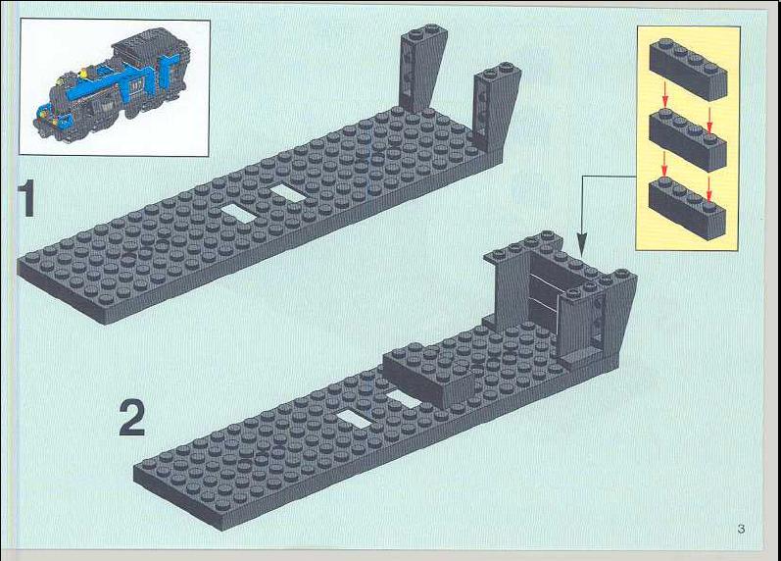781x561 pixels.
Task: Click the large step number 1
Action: click(26, 198)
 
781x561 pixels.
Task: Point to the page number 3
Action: click(741, 529)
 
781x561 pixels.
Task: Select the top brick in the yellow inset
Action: click(687, 69)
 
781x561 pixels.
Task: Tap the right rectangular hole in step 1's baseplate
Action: click(288, 193)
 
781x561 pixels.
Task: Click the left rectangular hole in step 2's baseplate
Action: click(353, 421)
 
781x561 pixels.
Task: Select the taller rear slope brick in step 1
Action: click(421, 68)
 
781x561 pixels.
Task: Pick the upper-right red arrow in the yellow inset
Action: click(710, 122)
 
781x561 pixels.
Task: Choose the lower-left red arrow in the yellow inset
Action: click(664, 164)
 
